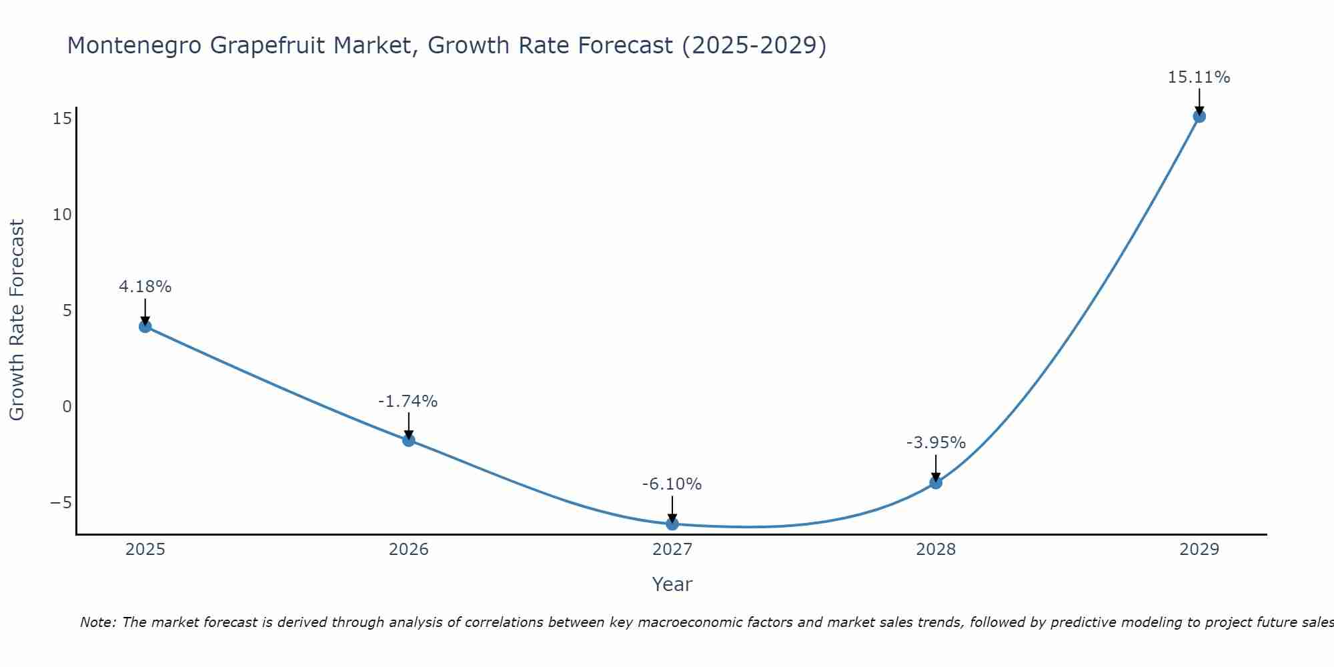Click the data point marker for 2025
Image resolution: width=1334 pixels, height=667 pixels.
[x=145, y=326]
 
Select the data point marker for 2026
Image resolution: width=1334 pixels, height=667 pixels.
[x=409, y=440]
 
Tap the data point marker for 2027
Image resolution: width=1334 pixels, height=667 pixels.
[x=672, y=524]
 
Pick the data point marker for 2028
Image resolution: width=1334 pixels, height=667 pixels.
[x=936, y=483]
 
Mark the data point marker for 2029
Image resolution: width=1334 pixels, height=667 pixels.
[x=1199, y=116]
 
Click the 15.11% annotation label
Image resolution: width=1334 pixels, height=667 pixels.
[x=1199, y=77]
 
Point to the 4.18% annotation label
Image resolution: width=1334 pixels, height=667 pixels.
[x=145, y=287]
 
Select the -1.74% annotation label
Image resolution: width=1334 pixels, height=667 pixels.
[x=408, y=402]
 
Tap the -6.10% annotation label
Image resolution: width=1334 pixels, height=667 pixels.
[x=672, y=484]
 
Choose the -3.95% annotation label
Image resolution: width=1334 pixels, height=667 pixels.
[x=936, y=443]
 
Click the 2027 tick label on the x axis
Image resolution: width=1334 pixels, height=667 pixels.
[x=672, y=550]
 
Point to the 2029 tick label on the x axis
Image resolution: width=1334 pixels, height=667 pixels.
[x=1199, y=550]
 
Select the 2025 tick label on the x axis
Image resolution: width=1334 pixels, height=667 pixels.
[x=145, y=550]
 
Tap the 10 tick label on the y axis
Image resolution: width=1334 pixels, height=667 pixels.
[x=62, y=215]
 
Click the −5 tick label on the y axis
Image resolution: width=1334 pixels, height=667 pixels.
[x=61, y=502]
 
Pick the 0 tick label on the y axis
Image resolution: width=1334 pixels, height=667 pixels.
[x=67, y=407]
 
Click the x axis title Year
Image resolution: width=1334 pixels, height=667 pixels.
[x=672, y=584]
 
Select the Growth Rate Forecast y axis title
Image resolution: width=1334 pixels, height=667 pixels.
[x=17, y=320]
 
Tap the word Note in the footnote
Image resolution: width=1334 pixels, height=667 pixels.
[x=98, y=622]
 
